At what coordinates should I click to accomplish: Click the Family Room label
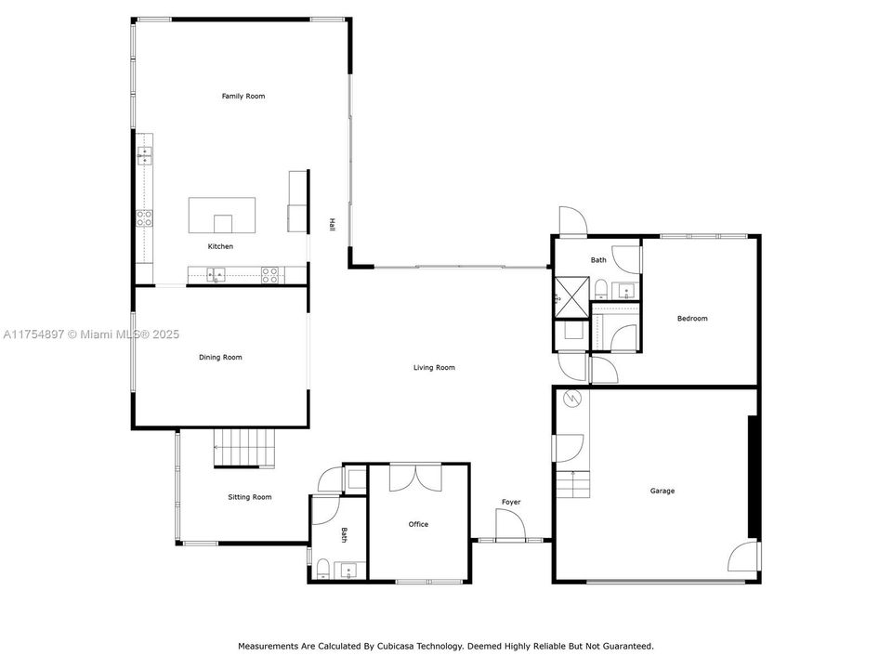coord(243,97)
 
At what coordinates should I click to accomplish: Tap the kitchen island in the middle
coord(223,216)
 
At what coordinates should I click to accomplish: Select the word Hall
coord(332,224)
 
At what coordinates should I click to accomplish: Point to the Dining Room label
coord(220,357)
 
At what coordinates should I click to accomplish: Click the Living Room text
coord(434,368)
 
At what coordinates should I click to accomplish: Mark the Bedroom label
coord(692,319)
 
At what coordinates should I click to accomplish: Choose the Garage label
coord(662,491)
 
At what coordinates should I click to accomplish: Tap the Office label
coord(418,524)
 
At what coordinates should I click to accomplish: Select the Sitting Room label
coord(250,497)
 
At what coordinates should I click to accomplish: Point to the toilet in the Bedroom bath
coord(601,287)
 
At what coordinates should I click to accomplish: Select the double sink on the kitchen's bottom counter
coord(216,274)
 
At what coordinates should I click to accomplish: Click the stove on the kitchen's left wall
coord(144,219)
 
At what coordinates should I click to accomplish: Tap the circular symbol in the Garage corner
coord(572,400)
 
